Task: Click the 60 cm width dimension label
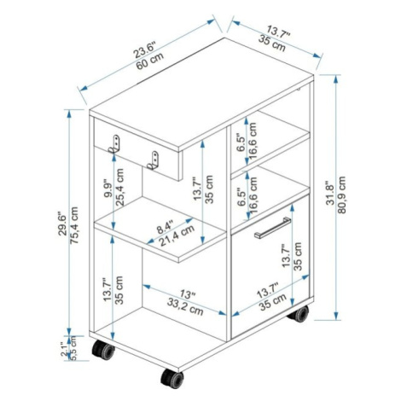pyautogui.click(x=150, y=61)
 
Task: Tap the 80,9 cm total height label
pyautogui.click(x=341, y=195)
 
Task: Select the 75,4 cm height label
pyautogui.click(x=73, y=225)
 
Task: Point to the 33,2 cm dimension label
pyautogui.click(x=185, y=307)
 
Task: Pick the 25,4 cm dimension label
pyautogui.click(x=119, y=188)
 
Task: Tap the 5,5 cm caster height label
pyautogui.click(x=73, y=348)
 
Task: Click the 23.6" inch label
pyautogui.click(x=145, y=50)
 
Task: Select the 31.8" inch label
pyautogui.click(x=330, y=193)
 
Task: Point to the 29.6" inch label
pyautogui.click(x=62, y=224)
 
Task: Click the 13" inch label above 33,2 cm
pyautogui.click(x=188, y=293)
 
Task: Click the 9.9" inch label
pyautogui.click(x=108, y=189)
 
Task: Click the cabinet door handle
pyautogui.click(x=272, y=228)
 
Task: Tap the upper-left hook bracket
pyautogui.click(x=115, y=144)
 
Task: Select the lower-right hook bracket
pyautogui.click(x=153, y=160)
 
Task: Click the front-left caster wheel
pyautogui.click(x=103, y=350)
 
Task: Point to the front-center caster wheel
pyautogui.click(x=172, y=378)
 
